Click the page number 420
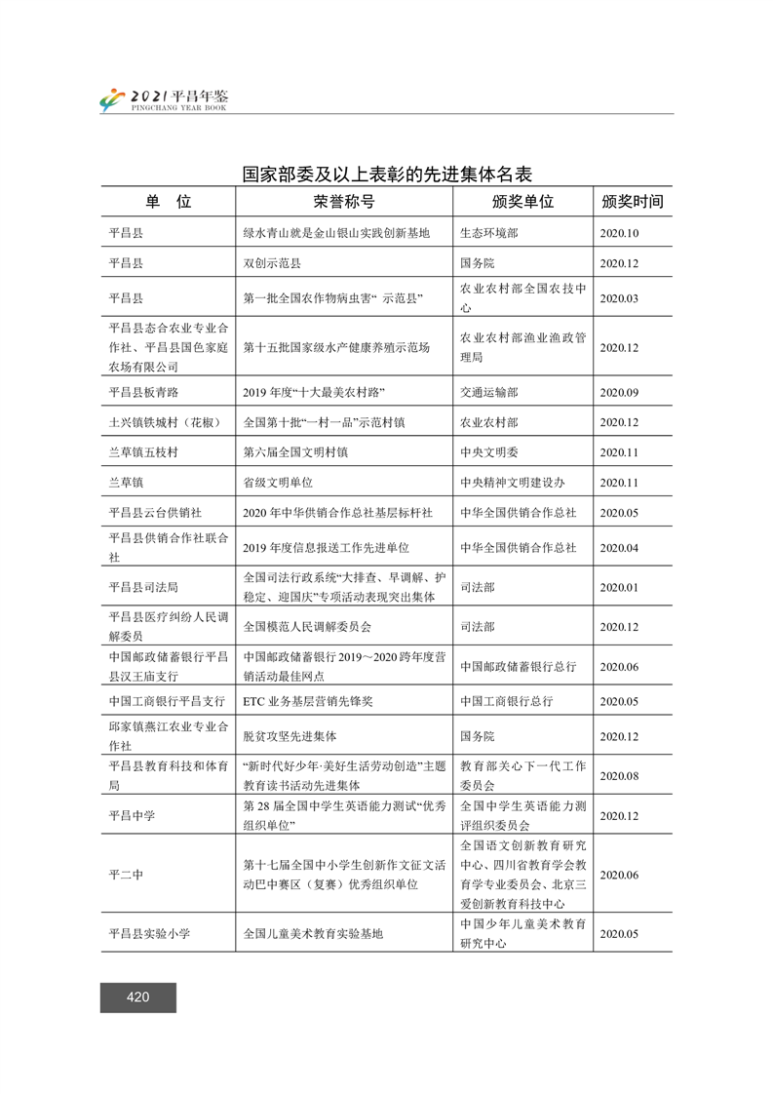click(x=137, y=996)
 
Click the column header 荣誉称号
click(x=343, y=202)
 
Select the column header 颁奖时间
click(x=633, y=202)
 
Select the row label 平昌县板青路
click(x=143, y=392)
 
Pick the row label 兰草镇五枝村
click(x=143, y=452)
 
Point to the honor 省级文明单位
click(x=278, y=483)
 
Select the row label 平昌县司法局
click(x=143, y=587)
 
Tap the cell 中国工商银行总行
click(x=506, y=701)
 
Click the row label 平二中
click(x=126, y=875)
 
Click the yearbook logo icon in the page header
click(x=113, y=99)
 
